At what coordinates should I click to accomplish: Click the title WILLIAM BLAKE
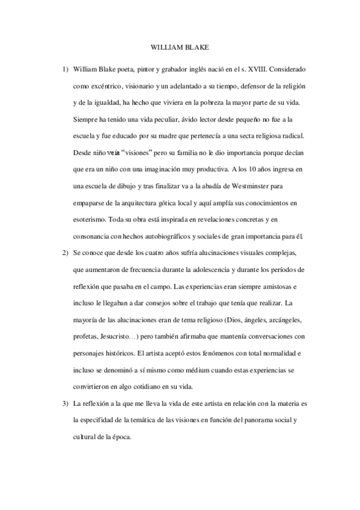(180, 46)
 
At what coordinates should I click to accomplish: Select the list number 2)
(66, 250)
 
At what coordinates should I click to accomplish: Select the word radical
(281, 132)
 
